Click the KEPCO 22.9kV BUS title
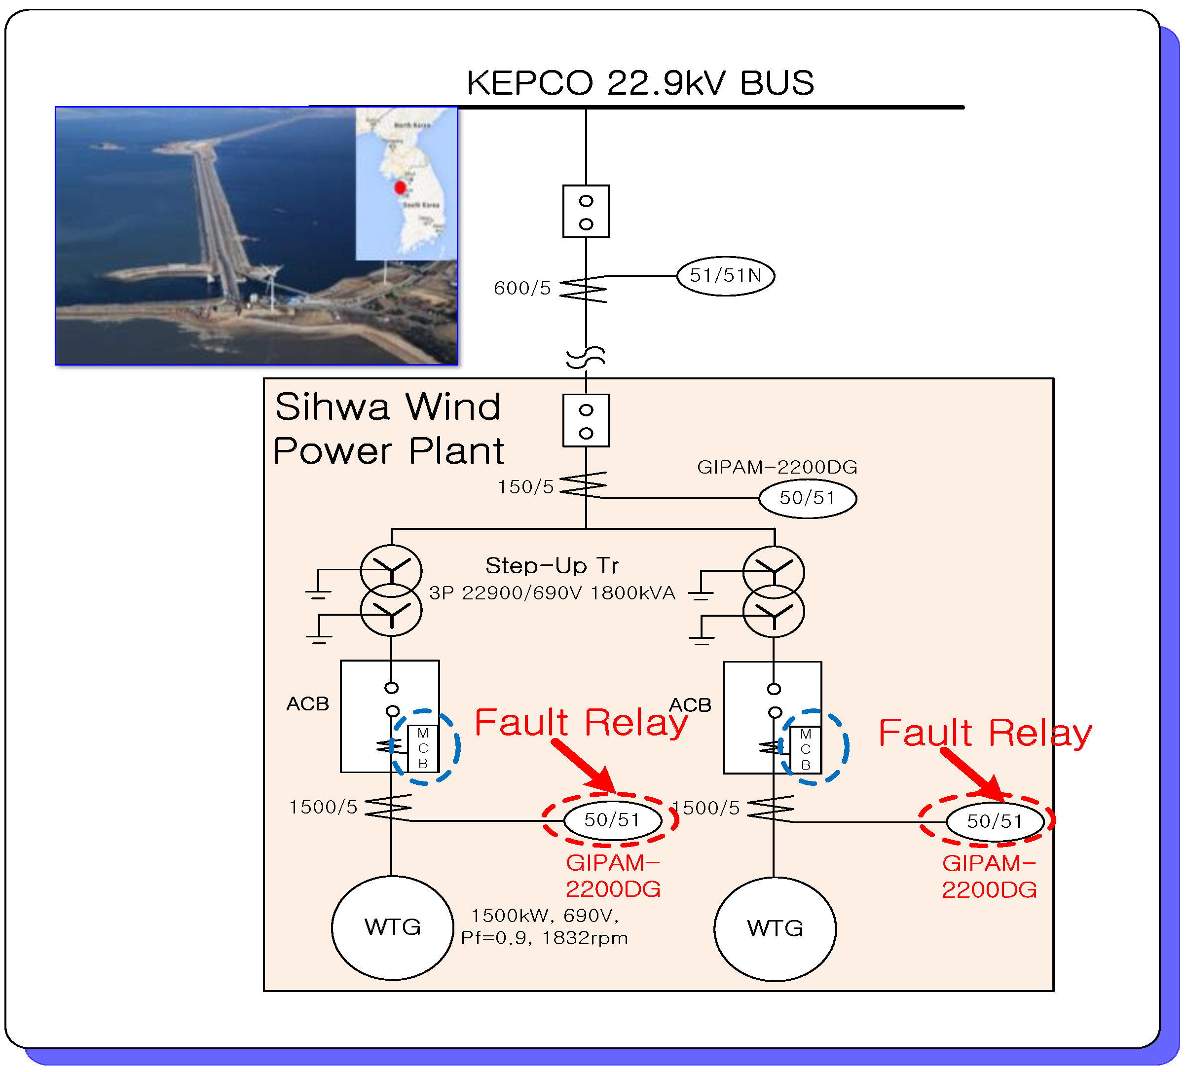click(640, 83)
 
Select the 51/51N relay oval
click(725, 276)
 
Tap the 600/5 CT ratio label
click(522, 288)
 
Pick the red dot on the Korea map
click(401, 187)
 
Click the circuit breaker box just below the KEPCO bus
click(586, 212)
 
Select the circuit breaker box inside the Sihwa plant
click(586, 421)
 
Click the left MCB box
click(423, 748)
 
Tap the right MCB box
click(805, 749)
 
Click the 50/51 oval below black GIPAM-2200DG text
click(808, 498)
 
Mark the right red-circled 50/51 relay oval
click(995, 821)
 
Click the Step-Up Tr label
click(552, 566)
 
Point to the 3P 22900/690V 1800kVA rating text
click(552, 593)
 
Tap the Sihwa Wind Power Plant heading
click(388, 429)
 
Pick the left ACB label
click(307, 703)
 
